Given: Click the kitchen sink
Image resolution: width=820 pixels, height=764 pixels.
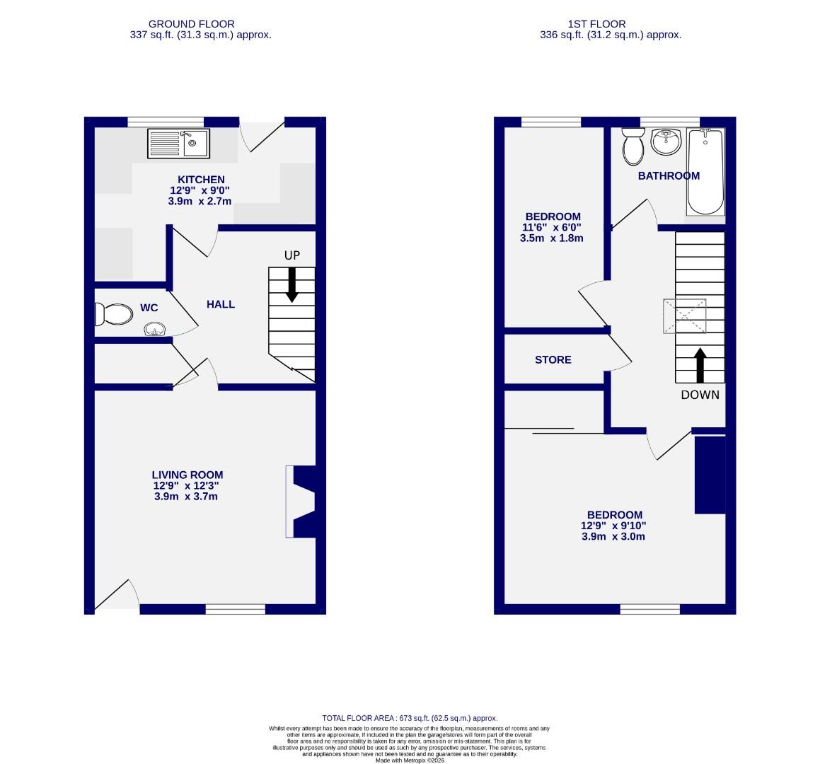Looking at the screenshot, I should point(178,144).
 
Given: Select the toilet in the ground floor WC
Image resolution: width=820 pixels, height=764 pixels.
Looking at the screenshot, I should point(113,314).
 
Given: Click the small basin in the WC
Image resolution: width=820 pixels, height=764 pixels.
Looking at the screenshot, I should point(155,329).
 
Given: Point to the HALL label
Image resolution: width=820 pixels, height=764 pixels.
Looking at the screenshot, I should point(221,304).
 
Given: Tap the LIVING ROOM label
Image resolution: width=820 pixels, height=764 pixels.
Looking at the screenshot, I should point(187,475).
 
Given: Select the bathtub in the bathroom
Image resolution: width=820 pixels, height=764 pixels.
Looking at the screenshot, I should point(705,172).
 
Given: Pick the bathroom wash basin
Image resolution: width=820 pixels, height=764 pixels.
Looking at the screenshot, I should point(664,142).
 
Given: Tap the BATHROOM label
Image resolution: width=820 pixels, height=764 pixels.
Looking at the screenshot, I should point(669,176).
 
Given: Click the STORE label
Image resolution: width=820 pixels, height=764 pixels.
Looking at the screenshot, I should point(553,359).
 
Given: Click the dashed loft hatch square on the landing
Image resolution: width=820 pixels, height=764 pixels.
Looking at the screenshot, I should point(684,316).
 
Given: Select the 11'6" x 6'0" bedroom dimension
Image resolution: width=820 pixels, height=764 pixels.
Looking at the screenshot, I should point(552,228).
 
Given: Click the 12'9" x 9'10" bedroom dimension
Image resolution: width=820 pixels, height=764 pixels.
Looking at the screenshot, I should point(614,526).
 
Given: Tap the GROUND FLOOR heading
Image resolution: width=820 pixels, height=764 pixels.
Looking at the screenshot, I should point(191,24).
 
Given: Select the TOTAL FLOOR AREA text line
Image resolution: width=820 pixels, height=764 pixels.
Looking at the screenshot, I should point(410,718).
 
